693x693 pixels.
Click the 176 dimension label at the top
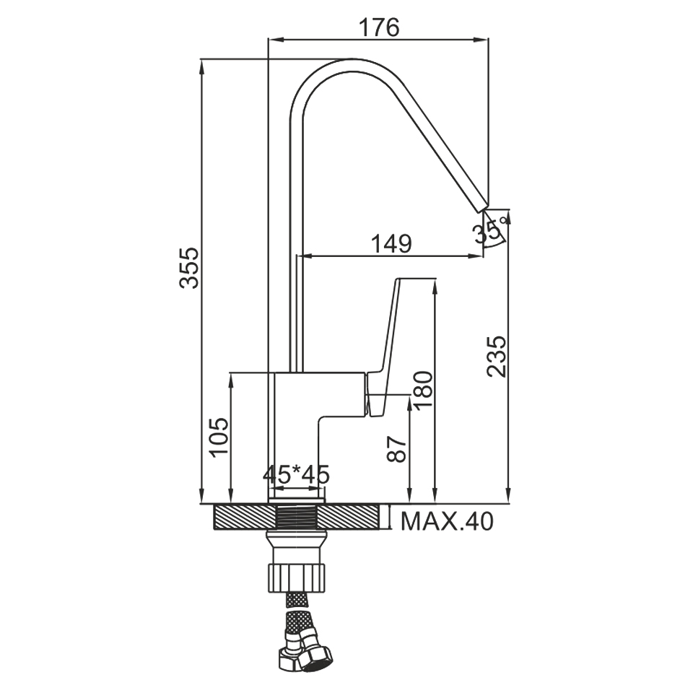(379, 27)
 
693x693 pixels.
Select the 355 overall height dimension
(190, 269)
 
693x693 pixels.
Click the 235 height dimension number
(496, 357)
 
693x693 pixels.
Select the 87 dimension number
(396, 449)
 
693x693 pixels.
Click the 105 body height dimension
(219, 437)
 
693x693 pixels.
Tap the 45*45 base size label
(296, 475)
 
